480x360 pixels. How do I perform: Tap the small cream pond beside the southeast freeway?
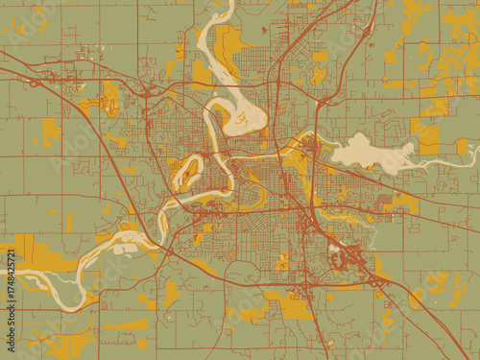(337, 258)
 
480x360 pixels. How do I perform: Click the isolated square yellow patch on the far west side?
(50, 131)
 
